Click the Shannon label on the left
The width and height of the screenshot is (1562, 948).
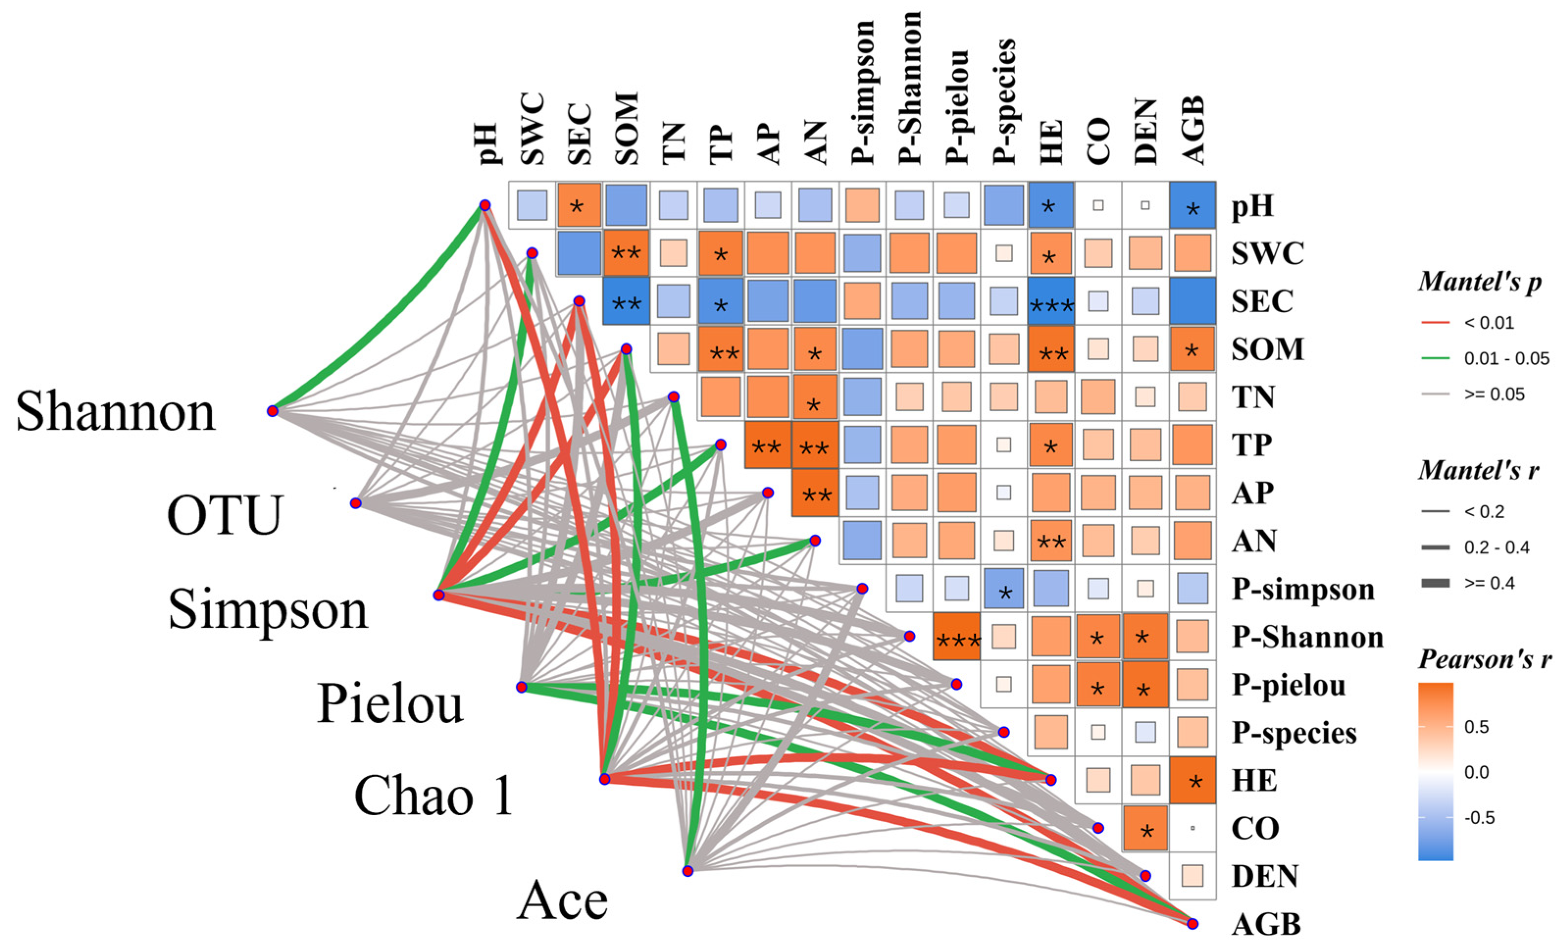click(115, 412)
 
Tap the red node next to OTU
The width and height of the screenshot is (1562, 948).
click(356, 503)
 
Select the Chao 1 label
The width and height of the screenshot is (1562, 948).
click(434, 796)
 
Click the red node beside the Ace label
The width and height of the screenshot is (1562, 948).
click(688, 871)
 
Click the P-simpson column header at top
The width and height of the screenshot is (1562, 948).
click(863, 93)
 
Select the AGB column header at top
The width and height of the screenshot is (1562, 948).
click(1192, 130)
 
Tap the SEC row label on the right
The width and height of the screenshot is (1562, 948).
click(1262, 301)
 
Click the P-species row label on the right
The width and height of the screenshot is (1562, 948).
click(1294, 733)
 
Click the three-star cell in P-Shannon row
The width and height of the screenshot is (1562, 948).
click(957, 637)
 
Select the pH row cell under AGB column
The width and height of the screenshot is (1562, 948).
click(1192, 205)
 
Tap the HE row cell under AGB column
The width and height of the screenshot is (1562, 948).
click(1192, 780)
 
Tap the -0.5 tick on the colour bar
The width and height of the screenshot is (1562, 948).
click(1480, 818)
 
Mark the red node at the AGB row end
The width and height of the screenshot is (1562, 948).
click(1192, 923)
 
